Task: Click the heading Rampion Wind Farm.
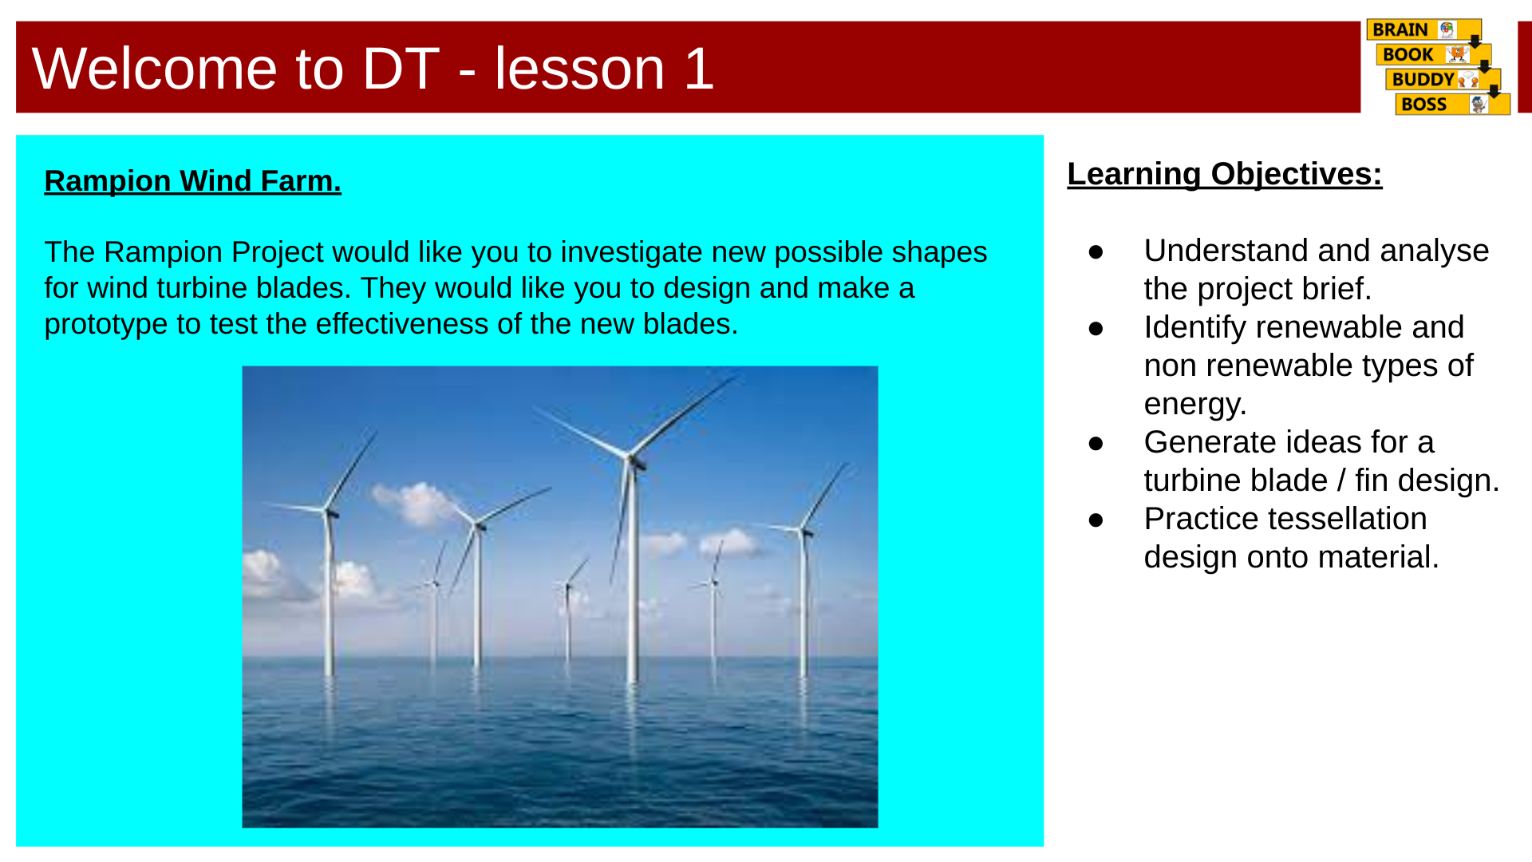pos(192,181)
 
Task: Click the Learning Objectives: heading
pos(1224,174)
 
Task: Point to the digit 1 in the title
pos(698,69)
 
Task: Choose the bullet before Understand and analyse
pos(1096,252)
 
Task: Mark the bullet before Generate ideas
pos(1096,444)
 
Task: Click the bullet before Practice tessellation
pos(1096,520)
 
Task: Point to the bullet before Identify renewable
pos(1096,329)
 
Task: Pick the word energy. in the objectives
pos(1194,404)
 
